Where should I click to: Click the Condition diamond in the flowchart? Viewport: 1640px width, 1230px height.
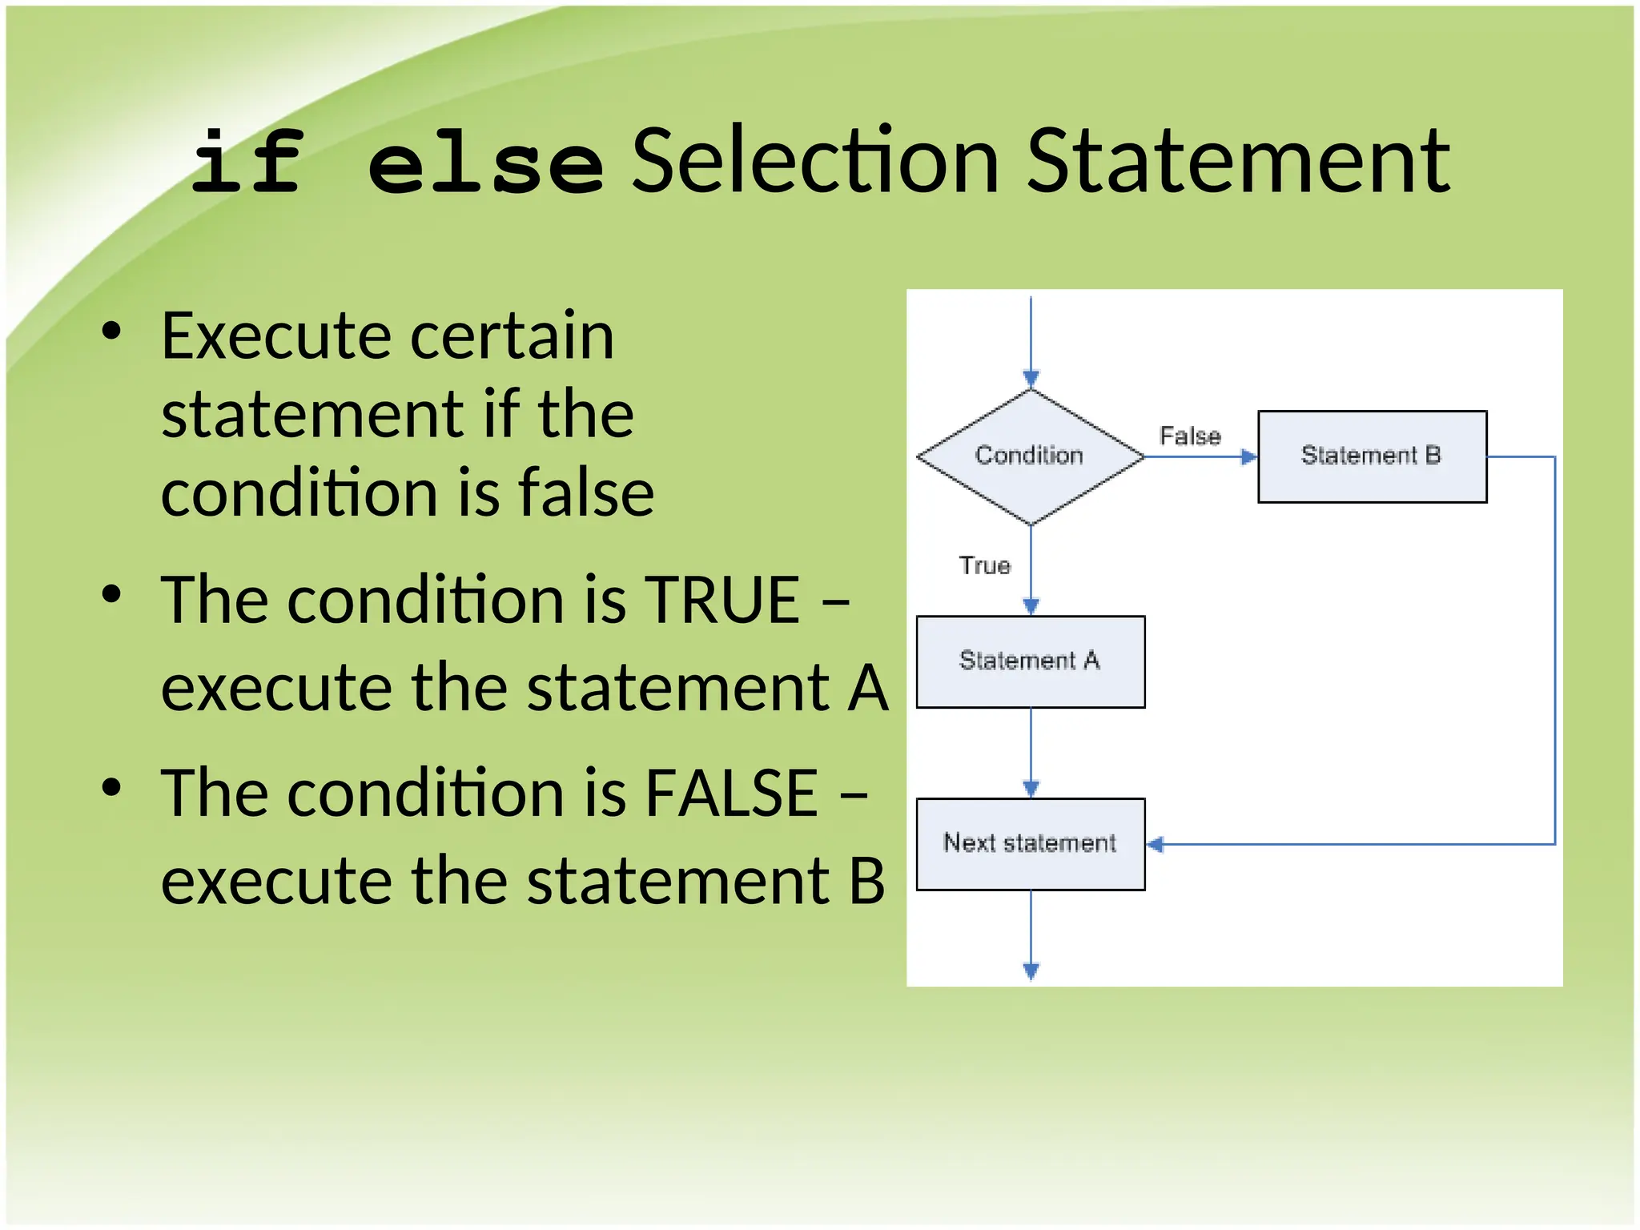[x=1030, y=456]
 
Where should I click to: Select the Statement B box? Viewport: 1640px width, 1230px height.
[x=1372, y=456]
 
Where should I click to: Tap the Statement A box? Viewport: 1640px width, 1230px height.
[x=1030, y=661]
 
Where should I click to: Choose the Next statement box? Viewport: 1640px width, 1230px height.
[x=1030, y=843]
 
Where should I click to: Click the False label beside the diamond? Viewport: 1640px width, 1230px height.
[x=1190, y=436]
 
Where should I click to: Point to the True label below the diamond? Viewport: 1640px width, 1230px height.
[x=984, y=565]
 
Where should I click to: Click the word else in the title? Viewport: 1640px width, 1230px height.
[x=485, y=164]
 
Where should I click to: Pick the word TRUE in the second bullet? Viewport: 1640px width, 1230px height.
[x=722, y=600]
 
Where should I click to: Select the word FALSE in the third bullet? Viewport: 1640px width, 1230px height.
[x=732, y=793]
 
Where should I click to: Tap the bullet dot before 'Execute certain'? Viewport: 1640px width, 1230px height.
[x=111, y=332]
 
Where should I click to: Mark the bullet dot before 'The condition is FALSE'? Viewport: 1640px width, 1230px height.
[x=111, y=787]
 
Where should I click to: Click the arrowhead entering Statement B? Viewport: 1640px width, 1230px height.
[x=1249, y=456]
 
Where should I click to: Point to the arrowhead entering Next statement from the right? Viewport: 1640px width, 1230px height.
[x=1155, y=844]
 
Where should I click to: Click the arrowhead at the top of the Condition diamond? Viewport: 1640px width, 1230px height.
[x=1031, y=379]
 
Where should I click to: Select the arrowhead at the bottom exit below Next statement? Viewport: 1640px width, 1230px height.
[x=1031, y=971]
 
